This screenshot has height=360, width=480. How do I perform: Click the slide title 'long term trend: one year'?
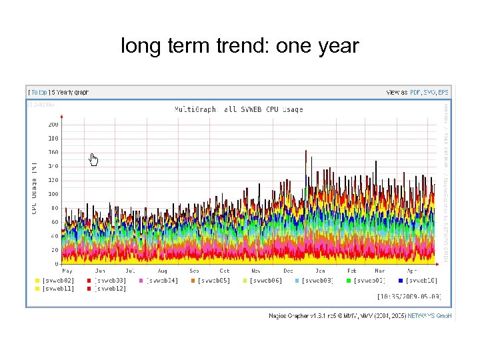239,46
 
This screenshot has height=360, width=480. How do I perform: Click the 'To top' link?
38,92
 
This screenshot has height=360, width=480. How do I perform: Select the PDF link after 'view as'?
415,92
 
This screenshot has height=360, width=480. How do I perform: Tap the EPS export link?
443,92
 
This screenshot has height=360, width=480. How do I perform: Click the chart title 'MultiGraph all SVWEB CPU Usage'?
238,109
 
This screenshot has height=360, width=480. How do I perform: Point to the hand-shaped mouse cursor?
94,159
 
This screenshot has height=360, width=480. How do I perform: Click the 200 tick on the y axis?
53,124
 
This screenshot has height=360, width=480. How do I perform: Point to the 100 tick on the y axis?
53,194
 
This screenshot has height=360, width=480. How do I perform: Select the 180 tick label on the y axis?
53,139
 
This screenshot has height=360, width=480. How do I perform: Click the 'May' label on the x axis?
67,271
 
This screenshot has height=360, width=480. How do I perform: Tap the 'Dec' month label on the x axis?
288,271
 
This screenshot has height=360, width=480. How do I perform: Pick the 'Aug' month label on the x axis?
162,271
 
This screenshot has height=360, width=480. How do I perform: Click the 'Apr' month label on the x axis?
411,271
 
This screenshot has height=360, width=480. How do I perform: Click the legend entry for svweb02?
56,281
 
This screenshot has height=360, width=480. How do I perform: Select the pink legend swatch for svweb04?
141,281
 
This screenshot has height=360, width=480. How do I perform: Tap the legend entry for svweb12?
108,289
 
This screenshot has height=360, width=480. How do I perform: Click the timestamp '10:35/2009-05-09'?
409,297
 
